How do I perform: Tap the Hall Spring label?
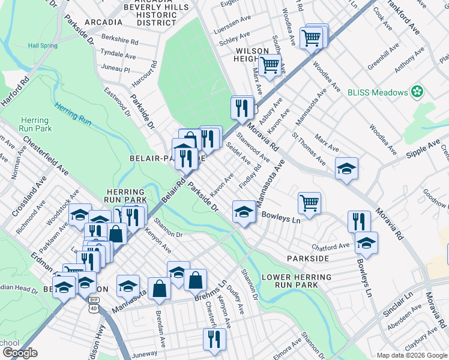[41, 46]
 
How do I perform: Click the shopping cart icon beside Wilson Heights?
[271, 64]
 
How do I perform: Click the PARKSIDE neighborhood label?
[308, 258]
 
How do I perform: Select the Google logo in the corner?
[20, 353]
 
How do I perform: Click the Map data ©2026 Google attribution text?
[411, 355]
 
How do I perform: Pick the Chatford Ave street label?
[330, 247]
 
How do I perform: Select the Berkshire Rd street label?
[120, 43]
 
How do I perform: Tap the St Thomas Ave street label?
[309, 153]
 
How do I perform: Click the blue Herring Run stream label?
[73, 114]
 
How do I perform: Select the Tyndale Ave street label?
[119, 53]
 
